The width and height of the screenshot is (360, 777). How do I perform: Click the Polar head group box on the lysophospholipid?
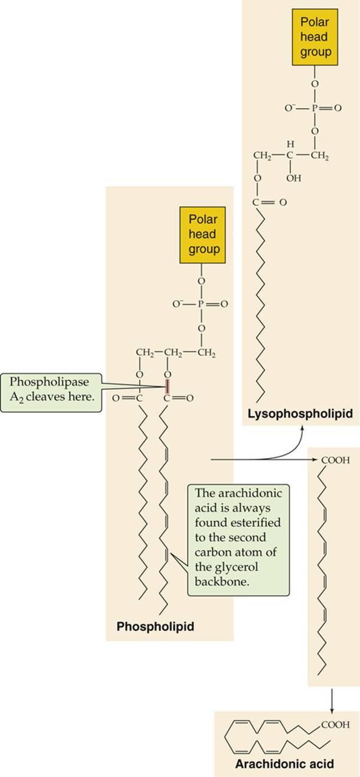315,37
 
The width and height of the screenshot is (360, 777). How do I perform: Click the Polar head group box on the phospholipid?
202,235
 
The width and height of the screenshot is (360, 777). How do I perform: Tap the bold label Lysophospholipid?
300,413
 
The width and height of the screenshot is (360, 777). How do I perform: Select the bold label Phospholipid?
155,626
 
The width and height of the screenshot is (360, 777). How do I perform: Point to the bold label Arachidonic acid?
284,763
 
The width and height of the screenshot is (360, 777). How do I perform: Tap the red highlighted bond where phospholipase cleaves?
168,386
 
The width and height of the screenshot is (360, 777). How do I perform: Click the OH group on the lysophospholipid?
294,178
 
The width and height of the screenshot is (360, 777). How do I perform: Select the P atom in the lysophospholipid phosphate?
315,108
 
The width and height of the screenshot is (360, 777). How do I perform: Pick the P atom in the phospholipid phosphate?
201,304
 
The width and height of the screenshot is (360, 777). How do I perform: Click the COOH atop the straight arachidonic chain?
335,460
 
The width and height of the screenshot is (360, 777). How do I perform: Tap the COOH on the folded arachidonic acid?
335,724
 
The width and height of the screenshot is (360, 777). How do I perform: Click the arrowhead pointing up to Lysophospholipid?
302,429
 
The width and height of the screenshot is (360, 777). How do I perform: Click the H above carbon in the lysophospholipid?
290,143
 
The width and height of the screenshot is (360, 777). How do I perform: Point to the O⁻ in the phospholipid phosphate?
177,304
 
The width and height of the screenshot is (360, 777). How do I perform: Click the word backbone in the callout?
222,581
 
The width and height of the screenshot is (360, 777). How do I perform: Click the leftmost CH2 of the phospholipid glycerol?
145,352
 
